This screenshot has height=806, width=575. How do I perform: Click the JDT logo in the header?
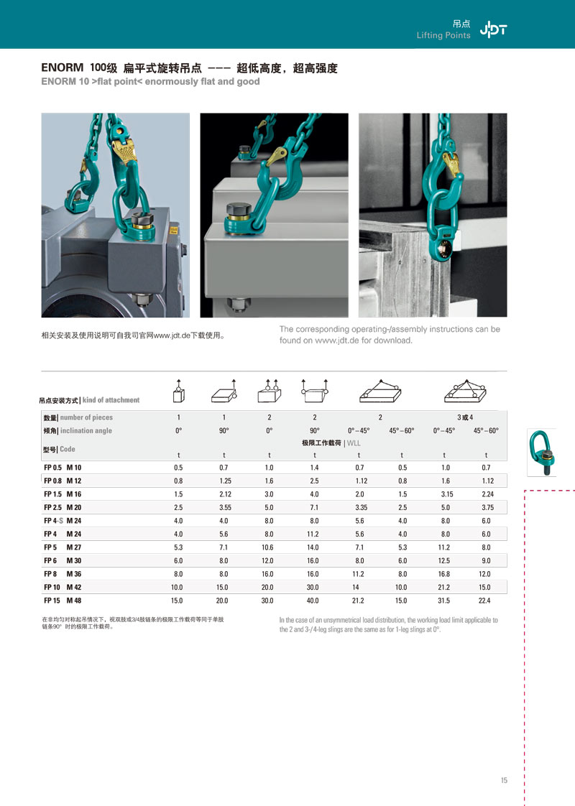(493, 29)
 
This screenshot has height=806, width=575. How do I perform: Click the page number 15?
(504, 781)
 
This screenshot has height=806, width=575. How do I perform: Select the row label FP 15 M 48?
(63, 600)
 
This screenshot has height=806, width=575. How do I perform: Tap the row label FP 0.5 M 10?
(63, 468)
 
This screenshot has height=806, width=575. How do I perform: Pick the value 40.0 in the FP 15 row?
(314, 600)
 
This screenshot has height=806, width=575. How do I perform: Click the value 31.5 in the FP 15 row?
(444, 600)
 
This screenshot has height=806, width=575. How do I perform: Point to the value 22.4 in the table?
(486, 600)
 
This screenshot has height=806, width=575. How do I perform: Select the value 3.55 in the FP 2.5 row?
(224, 507)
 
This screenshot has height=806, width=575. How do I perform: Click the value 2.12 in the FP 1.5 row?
(224, 494)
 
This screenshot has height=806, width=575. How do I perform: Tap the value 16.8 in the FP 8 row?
(444, 574)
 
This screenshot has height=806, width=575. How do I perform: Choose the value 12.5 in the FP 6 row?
(444, 560)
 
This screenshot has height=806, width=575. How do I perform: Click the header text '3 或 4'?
(465, 417)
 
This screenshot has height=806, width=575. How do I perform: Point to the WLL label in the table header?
(354, 443)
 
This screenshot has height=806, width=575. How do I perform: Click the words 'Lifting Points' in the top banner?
(443, 36)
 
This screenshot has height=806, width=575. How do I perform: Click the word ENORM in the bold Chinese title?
(64, 69)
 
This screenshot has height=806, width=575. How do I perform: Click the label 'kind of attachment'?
(111, 400)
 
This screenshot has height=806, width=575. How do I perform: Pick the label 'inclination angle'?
(86, 430)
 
